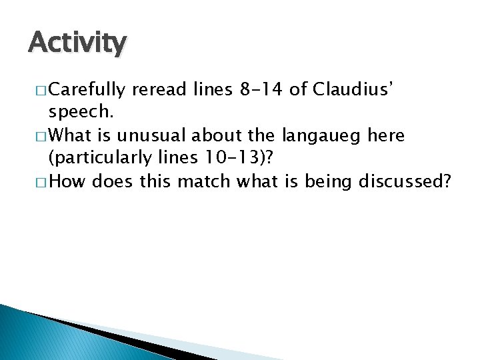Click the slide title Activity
[77, 43]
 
